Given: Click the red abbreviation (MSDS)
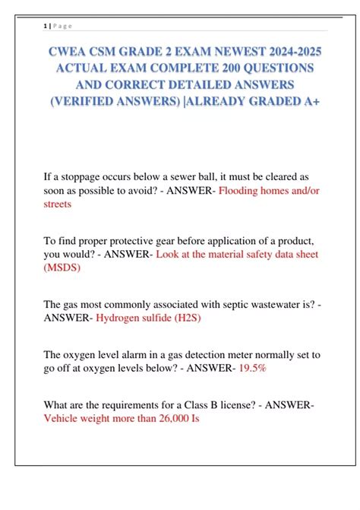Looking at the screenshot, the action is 65,268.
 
